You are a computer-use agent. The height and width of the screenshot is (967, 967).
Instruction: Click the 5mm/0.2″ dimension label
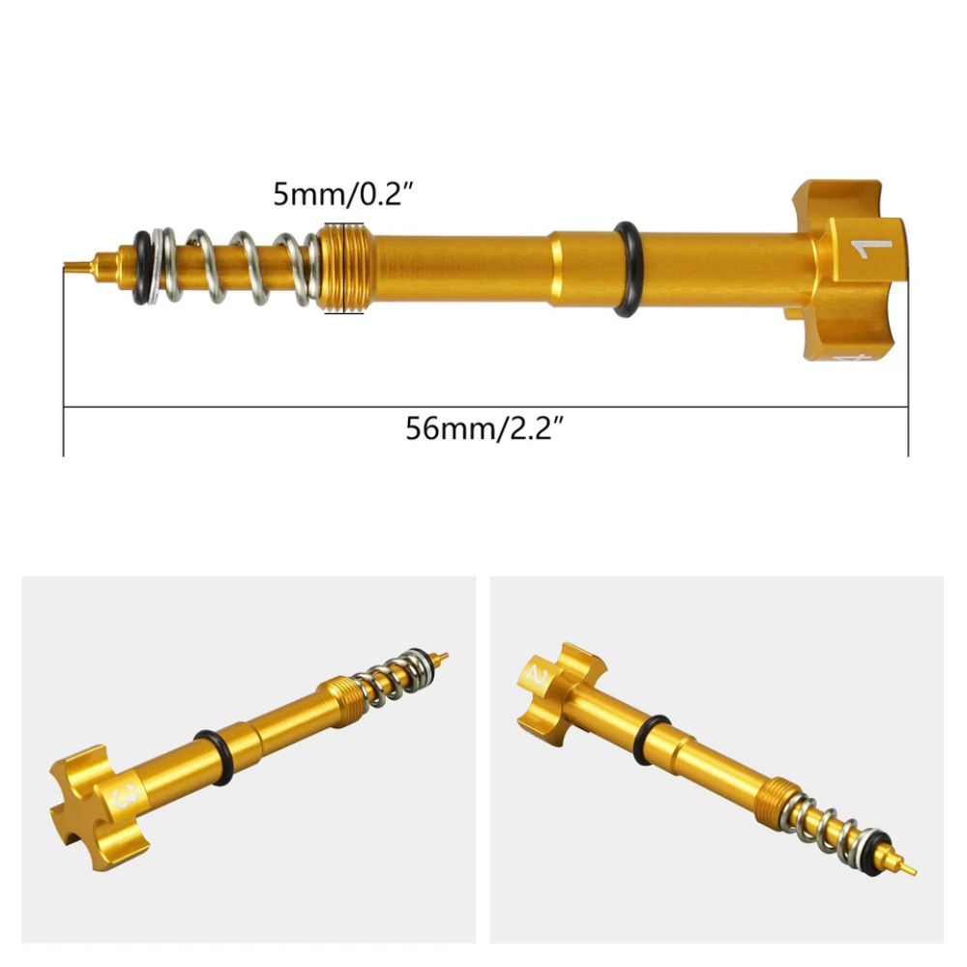click(x=345, y=193)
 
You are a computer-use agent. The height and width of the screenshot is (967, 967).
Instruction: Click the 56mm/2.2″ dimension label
click(x=485, y=428)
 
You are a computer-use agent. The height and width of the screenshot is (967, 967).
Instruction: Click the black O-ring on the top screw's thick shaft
click(x=626, y=270)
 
